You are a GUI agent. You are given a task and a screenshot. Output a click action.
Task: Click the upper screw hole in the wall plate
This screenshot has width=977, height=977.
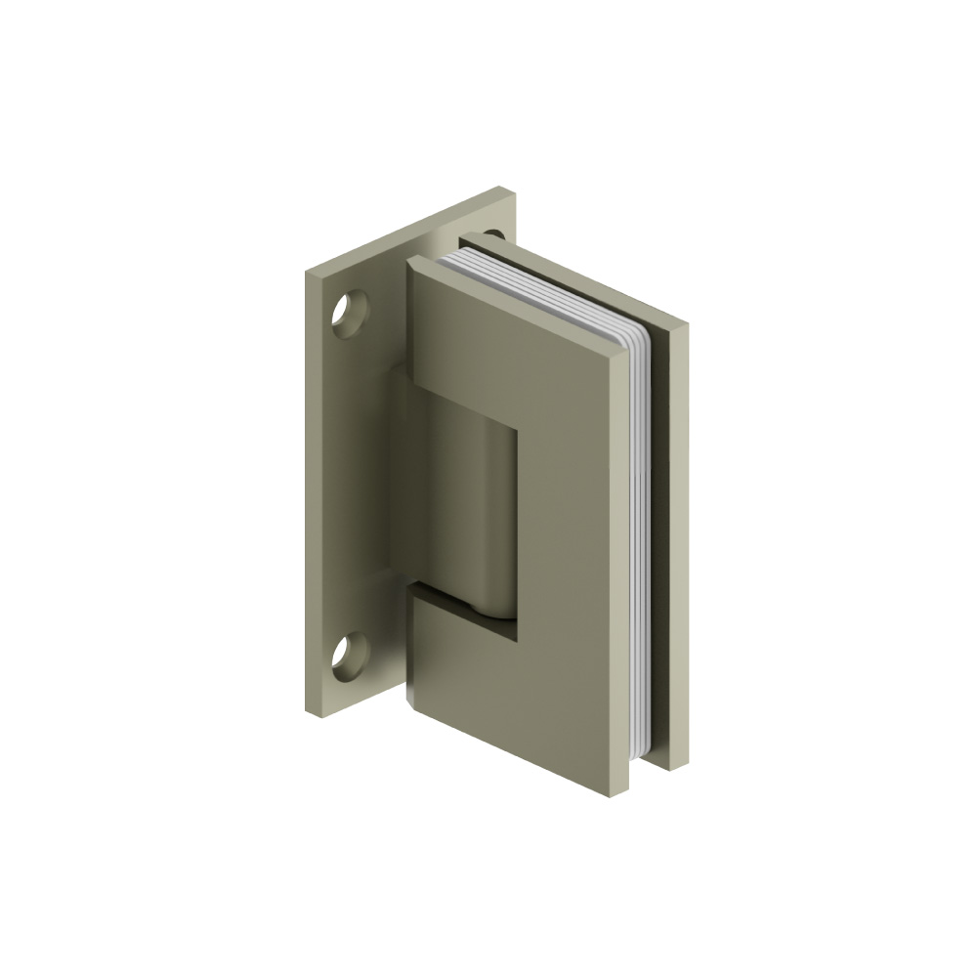349,315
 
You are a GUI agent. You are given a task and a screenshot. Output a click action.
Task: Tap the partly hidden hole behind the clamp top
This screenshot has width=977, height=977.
493,234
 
